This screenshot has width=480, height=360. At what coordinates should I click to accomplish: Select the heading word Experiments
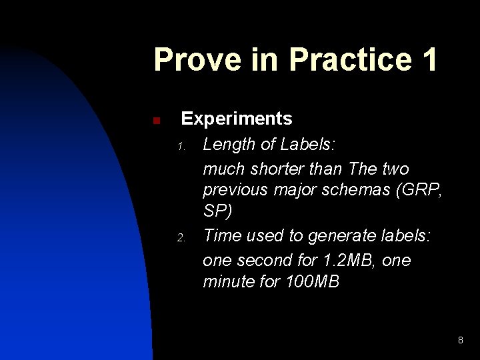point(237,119)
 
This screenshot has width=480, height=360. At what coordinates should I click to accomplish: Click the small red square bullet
point(155,121)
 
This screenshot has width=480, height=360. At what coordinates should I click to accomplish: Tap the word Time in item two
point(223,236)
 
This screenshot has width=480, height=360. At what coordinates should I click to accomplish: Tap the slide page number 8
point(460,341)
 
